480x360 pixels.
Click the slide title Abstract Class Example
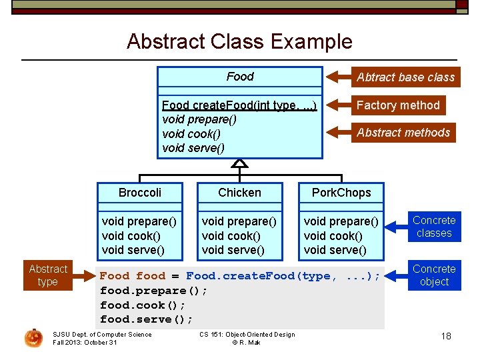coord(239,41)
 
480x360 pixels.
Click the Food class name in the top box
coord(240,77)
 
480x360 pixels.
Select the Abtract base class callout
coord(405,77)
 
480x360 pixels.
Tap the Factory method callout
coord(397,105)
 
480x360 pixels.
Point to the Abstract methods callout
coord(403,133)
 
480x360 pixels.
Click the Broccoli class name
coord(140,193)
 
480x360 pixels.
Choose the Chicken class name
coord(240,193)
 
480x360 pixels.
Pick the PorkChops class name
coord(341,193)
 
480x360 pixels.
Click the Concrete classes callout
coord(434,227)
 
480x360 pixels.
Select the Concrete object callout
coord(434,275)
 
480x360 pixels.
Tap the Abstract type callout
coord(48,275)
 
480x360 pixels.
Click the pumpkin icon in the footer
coord(33,338)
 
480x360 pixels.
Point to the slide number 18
coord(446,336)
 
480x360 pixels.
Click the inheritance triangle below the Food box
coord(240,163)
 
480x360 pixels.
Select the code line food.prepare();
coord(153,291)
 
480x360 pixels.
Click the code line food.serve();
coord(146,319)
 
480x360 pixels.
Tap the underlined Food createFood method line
coord(239,105)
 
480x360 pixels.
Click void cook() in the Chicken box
coord(231,236)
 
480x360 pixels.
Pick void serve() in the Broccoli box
coord(133,250)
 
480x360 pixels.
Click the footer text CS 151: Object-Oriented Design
coord(247,335)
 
